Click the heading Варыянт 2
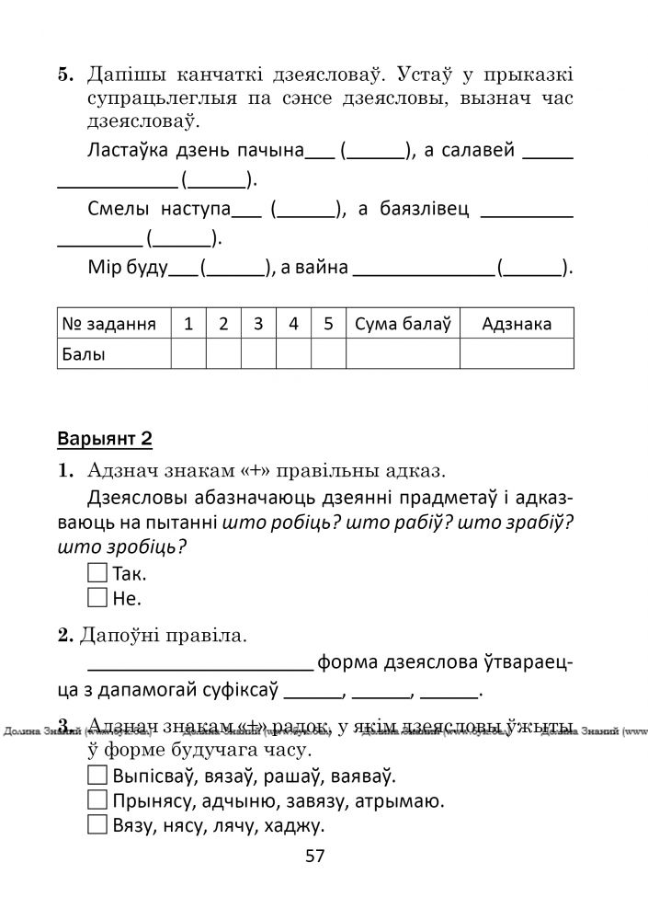tap(104, 438)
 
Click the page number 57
tap(315, 857)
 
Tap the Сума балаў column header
tap(402, 324)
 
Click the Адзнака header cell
tap(517, 324)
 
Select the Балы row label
tap(84, 353)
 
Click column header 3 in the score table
tap(258, 324)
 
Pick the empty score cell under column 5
tap(328, 353)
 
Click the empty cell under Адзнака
tap(517, 353)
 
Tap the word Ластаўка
tap(128, 150)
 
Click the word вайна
tap(323, 268)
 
